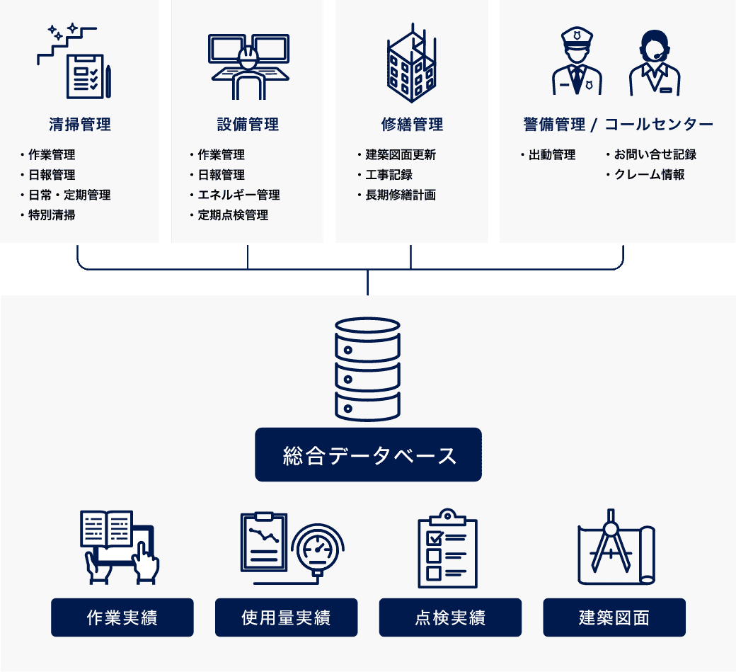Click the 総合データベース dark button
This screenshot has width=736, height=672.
368,455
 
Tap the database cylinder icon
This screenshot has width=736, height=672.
367,368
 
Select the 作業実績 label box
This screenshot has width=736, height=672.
122,617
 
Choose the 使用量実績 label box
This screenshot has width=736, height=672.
286,617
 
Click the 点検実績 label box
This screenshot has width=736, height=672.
450,617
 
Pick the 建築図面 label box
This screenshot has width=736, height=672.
614,617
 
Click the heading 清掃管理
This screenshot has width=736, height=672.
80,125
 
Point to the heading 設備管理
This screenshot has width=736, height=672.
248,125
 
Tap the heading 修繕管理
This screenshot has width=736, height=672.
412,125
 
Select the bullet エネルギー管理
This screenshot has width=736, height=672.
238,195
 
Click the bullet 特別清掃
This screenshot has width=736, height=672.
52,215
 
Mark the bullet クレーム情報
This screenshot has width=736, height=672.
649,175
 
